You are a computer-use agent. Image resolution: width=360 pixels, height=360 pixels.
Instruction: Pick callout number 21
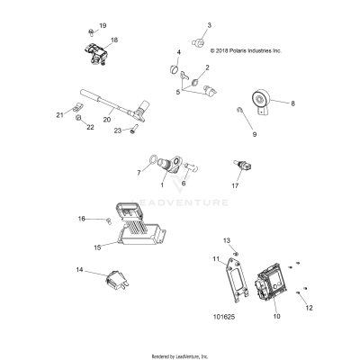coord(60,114)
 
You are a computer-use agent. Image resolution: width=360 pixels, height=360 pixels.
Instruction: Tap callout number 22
coord(90,128)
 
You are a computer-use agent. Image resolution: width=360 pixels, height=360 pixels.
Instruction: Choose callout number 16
coord(80,219)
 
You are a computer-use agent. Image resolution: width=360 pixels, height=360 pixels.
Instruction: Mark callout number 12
coord(310,308)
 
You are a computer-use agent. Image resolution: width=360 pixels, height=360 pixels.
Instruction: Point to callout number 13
coord(227,241)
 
